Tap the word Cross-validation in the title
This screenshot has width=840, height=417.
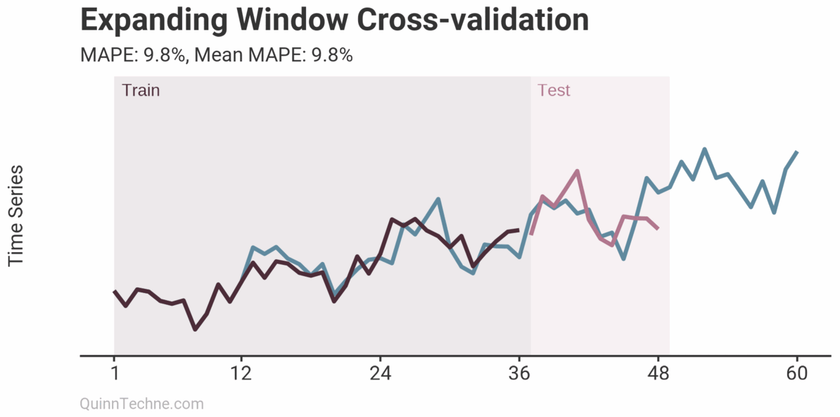473,20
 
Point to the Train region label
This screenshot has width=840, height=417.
141,90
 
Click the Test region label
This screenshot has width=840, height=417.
554,90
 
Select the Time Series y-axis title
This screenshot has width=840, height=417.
16,216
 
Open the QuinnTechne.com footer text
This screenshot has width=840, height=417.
142,404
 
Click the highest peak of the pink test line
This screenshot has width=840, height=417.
577,171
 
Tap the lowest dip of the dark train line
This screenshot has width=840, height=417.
195,329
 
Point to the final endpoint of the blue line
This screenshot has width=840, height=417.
796,151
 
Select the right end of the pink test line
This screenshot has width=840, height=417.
658,228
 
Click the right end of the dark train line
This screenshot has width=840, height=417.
519,230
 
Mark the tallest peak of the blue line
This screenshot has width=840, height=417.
704,149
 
